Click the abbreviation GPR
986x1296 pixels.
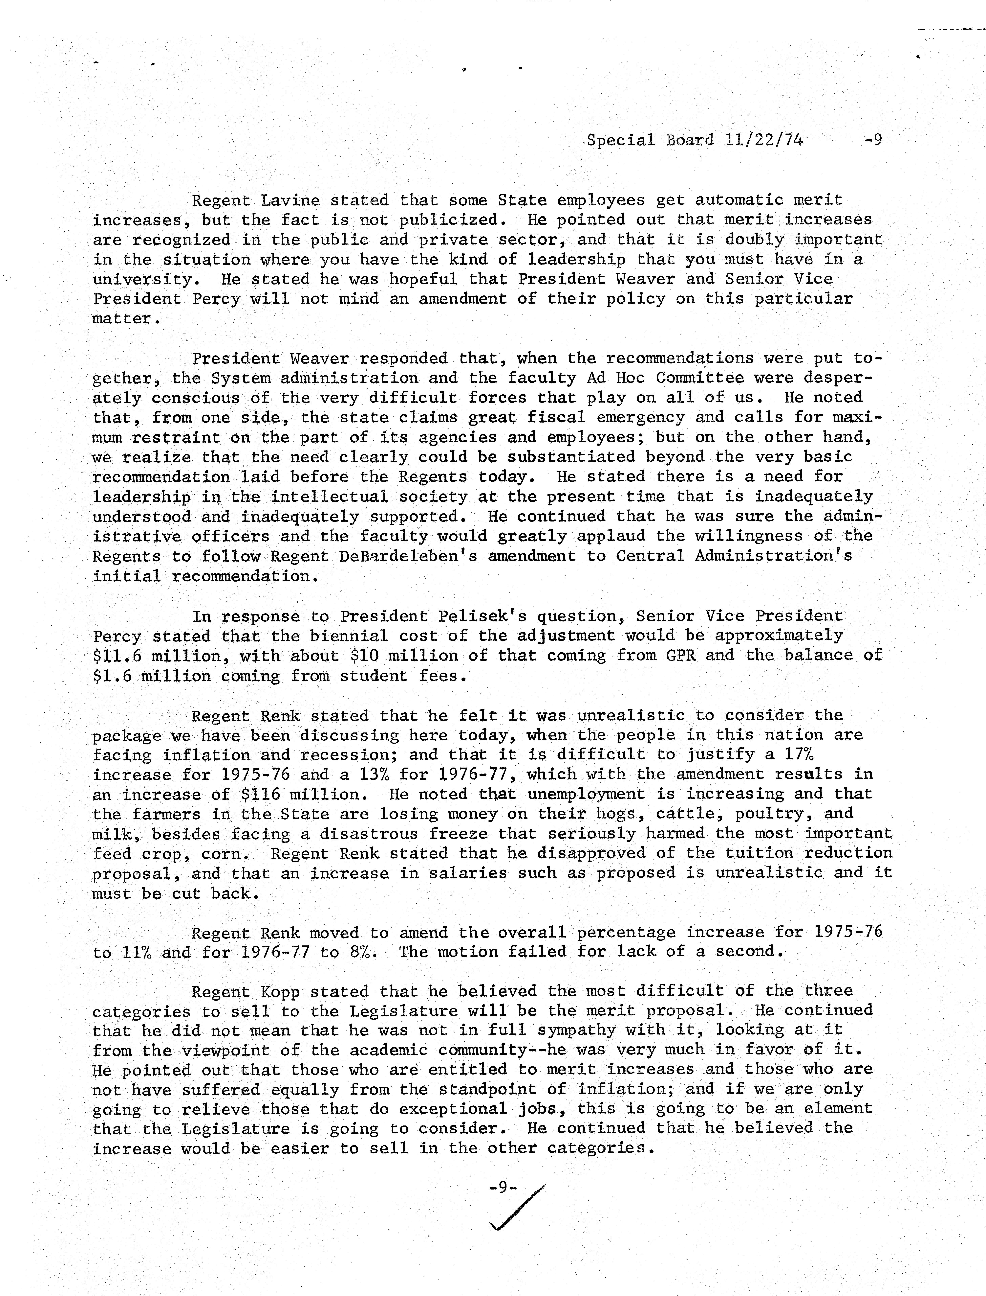click(x=680, y=655)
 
